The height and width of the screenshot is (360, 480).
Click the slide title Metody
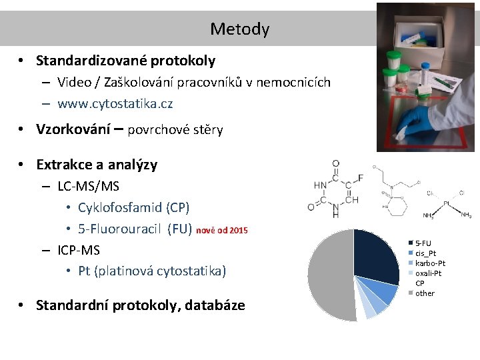pos(239,29)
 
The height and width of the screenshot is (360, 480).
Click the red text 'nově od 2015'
pos(222,230)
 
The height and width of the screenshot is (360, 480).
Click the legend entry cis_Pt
pos(426,253)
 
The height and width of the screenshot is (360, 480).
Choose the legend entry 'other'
pos(425,293)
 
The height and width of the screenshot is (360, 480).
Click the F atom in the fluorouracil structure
pos(360,177)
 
